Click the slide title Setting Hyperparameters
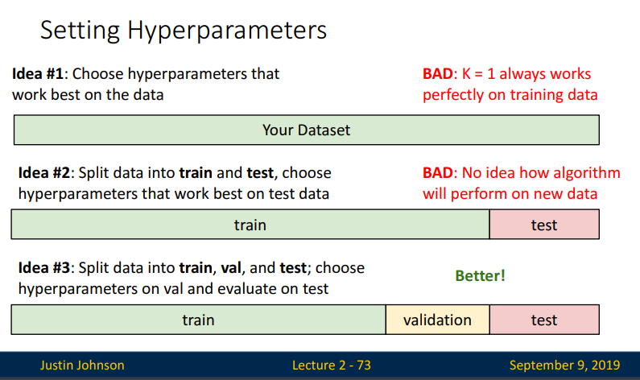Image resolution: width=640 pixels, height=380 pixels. [184, 31]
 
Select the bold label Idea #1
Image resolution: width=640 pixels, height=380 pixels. [38, 74]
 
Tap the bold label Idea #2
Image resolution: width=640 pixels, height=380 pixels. [44, 172]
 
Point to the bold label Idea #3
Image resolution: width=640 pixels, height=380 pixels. [44, 268]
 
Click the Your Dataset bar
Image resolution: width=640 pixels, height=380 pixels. [307, 130]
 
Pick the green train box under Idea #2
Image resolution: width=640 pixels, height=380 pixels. [250, 225]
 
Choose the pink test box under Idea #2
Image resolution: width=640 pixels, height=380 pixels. [544, 225]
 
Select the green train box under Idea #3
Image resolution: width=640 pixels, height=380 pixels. [198, 320]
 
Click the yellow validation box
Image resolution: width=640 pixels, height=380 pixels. [438, 320]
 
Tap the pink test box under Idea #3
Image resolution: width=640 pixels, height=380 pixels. [544, 320]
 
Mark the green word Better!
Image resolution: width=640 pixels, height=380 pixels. [480, 276]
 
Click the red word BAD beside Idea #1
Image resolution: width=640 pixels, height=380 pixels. [438, 74]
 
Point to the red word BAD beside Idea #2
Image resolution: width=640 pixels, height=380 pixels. [438, 172]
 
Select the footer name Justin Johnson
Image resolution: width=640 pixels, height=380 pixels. [82, 365]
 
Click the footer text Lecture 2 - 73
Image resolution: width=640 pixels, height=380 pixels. [332, 365]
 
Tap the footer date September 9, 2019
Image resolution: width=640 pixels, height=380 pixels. [564, 365]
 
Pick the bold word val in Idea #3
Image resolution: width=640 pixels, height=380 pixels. [230, 268]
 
